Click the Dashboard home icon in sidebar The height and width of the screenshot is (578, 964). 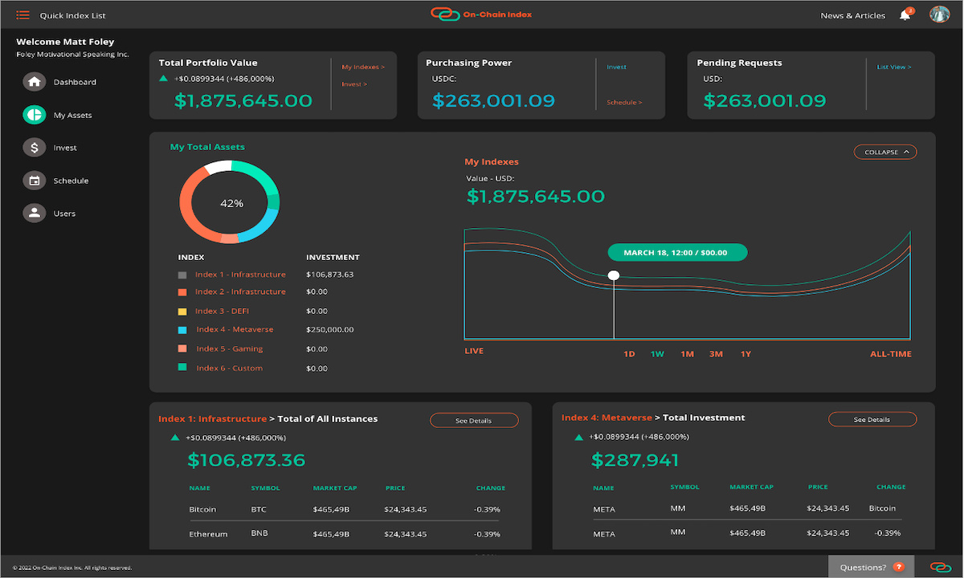pos(34,82)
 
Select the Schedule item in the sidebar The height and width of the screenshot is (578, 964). pos(71,181)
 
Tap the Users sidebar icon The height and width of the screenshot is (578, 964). pos(34,214)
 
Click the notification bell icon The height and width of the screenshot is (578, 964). pos(905,15)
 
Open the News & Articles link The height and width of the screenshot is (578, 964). pos(852,15)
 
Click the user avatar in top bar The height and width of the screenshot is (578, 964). pos(939,14)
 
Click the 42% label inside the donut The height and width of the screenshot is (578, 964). pos(231,204)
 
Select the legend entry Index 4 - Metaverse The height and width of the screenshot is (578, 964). pos(235,329)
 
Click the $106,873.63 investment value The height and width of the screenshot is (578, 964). pos(330,275)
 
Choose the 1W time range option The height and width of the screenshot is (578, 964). pos(657,354)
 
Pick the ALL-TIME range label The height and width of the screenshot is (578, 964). pos(891,354)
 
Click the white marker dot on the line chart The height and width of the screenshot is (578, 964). pos(614,275)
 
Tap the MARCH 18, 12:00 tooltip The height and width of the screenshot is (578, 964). pos(677,253)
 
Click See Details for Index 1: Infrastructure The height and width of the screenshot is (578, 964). pos(474,421)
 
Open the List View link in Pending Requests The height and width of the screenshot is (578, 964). pos(894,67)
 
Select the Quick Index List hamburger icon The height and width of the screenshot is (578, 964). pos(22,15)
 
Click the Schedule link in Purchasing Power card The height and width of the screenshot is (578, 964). pos(624,103)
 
